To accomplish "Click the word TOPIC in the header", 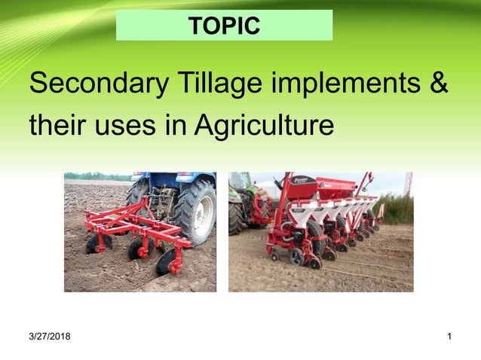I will [x=224, y=26].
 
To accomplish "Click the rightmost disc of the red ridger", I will [x=167, y=263].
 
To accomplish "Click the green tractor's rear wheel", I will [x=237, y=218].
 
